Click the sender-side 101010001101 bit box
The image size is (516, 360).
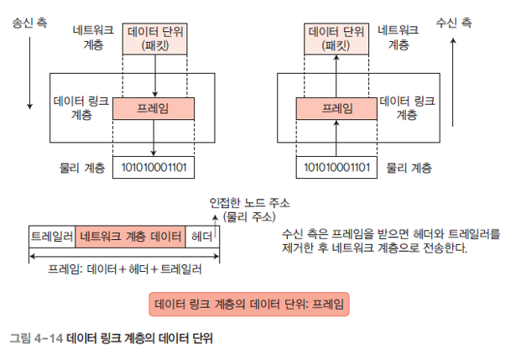tap(154, 167)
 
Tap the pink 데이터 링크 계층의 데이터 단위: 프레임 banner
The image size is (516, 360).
tap(249, 303)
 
